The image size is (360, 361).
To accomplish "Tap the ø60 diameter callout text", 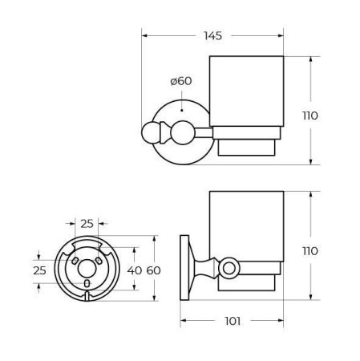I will click(180, 80).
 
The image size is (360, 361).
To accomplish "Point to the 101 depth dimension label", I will click(231, 322).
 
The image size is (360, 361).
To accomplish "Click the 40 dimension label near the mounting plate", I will click(134, 270).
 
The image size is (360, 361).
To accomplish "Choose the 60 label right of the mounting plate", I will click(153, 270).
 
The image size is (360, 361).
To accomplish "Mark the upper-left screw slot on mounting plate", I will click(75, 260).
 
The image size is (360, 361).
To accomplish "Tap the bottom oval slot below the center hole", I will click(86, 283).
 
